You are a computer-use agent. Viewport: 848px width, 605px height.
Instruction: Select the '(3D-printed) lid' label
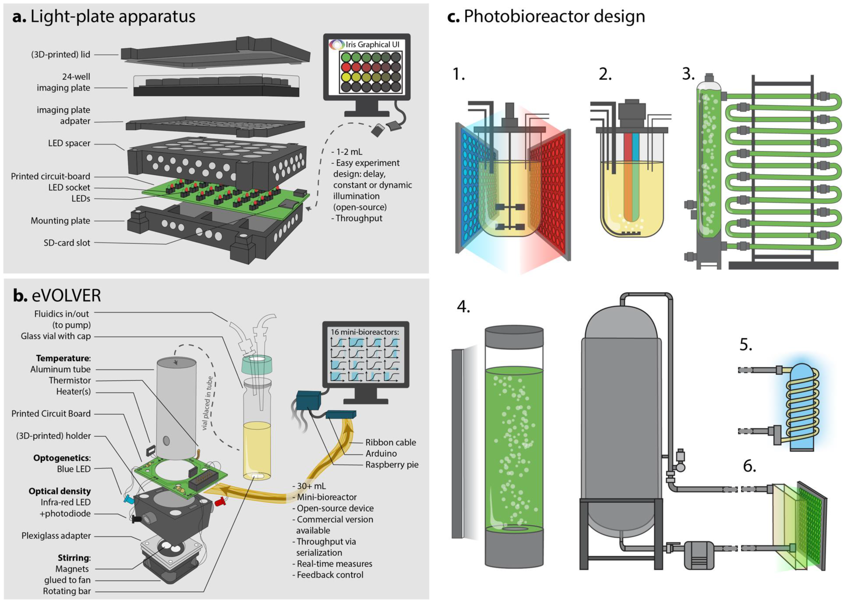[x=60, y=55]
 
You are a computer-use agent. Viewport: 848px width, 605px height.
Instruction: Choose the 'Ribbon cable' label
[x=390, y=443]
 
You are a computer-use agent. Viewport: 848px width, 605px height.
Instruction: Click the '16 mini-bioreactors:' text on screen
[x=364, y=332]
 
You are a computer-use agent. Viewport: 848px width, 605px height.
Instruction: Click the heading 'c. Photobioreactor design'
[x=546, y=17]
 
